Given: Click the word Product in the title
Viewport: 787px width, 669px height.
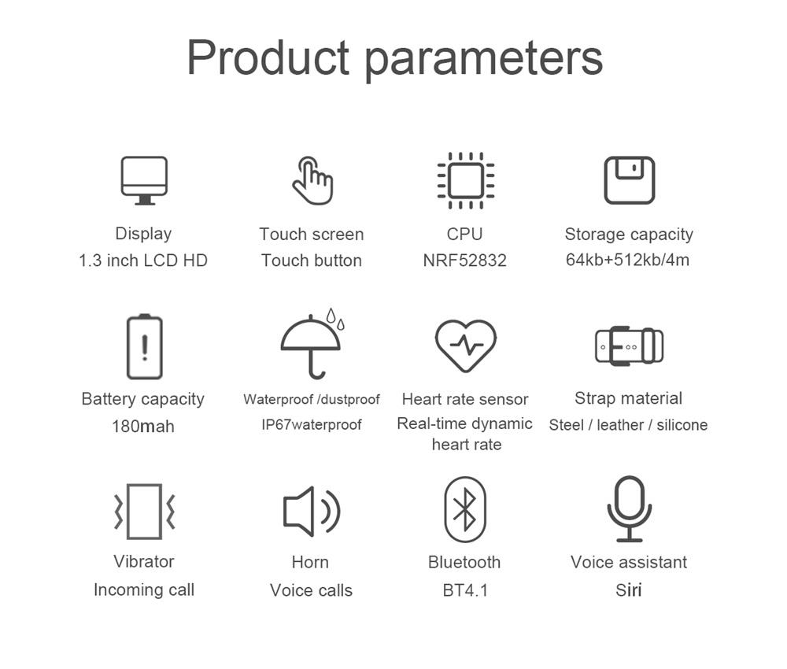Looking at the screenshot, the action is (x=268, y=57).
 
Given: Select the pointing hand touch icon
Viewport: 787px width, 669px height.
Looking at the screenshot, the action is (x=312, y=180).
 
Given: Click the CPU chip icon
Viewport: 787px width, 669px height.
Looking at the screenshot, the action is (x=466, y=180).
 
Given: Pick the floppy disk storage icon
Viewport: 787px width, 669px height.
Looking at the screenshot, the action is (x=630, y=180).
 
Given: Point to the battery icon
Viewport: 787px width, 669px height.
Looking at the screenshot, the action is (x=145, y=346).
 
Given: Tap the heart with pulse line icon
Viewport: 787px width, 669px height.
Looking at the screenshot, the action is (x=466, y=346).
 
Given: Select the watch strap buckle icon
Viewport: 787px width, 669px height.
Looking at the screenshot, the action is (x=630, y=346).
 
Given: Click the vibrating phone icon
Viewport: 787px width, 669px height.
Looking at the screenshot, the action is (x=145, y=512).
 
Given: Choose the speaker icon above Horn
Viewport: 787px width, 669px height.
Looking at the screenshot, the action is (x=312, y=511).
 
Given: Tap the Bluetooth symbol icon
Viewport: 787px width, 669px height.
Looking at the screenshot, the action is (x=465, y=509).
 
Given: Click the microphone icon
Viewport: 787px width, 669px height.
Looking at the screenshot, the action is (x=629, y=509).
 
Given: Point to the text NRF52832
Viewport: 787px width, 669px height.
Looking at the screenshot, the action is (x=465, y=261).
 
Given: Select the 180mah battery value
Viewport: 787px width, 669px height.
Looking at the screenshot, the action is (x=143, y=427).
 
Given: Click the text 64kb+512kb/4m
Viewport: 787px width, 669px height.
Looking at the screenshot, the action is (x=627, y=260).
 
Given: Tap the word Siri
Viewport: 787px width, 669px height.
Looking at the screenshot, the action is (x=629, y=590).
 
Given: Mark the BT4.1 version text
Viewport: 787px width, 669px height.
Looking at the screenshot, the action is (x=465, y=590).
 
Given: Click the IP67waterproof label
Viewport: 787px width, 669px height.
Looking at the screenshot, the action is (x=311, y=425).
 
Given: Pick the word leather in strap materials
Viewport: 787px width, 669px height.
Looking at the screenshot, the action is (x=620, y=425).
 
